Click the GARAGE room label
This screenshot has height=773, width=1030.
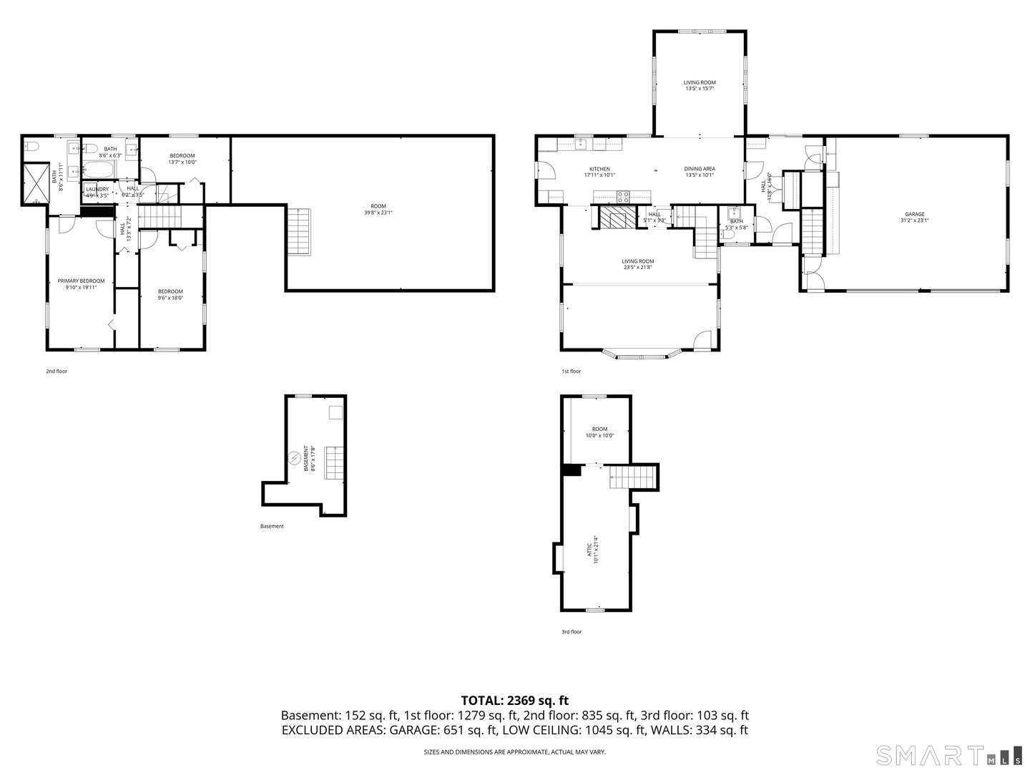(914, 214)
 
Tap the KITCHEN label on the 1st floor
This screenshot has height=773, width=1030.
(599, 169)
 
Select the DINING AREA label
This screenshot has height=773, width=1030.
(700, 169)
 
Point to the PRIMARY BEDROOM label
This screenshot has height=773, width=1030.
(81, 281)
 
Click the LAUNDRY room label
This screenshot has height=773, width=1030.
(97, 190)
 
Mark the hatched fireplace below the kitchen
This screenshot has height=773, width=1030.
(615, 218)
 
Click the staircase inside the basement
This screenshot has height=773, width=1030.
(335, 462)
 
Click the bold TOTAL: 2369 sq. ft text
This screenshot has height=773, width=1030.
(514, 700)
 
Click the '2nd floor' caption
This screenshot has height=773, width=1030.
(57, 371)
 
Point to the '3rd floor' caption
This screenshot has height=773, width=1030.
(572, 632)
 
